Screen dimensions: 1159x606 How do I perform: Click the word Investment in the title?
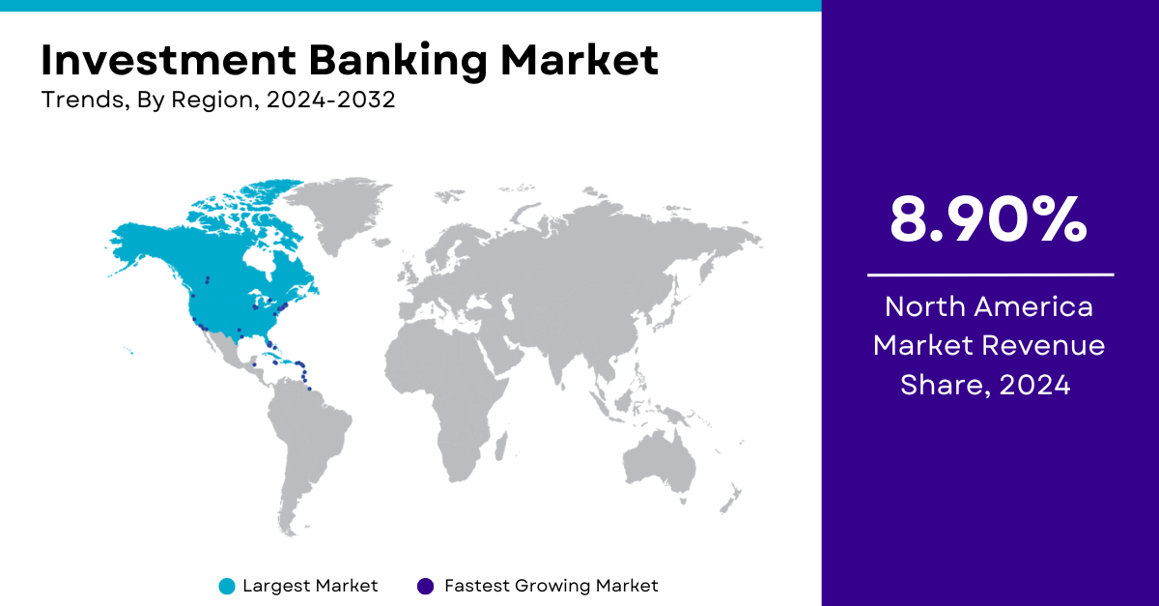pyautogui.click(x=169, y=60)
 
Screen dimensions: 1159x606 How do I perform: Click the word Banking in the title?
pyautogui.click(x=397, y=62)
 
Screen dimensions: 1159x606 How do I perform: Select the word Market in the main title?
pyautogui.click(x=579, y=60)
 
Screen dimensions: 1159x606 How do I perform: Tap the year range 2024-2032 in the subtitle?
pyautogui.click(x=330, y=99)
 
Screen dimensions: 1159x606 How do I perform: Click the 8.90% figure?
pyautogui.click(x=988, y=219)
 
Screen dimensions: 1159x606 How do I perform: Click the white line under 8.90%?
pyautogui.click(x=990, y=275)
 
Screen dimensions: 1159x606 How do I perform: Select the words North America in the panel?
pyautogui.click(x=989, y=306)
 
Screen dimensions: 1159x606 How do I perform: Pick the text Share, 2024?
pyautogui.click(x=985, y=385)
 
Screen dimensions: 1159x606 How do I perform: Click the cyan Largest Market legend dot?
pyautogui.click(x=227, y=587)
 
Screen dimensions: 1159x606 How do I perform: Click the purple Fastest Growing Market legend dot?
pyautogui.click(x=425, y=587)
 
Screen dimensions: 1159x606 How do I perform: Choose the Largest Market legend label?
pyautogui.click(x=310, y=586)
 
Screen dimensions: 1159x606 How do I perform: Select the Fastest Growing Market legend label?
pyautogui.click(x=551, y=586)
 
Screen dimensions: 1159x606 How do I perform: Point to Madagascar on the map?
pyautogui.click(x=501, y=446)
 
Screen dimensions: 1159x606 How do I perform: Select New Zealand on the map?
pyautogui.click(x=730, y=499)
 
